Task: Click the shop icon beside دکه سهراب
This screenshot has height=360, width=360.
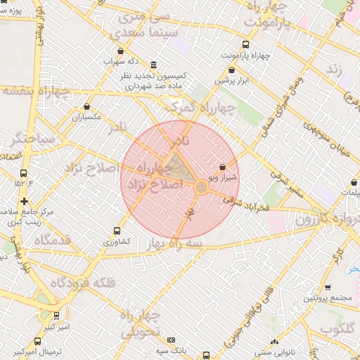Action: [124, 51]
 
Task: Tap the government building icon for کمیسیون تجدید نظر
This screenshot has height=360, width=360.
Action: [154, 65]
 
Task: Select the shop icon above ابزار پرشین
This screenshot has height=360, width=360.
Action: [231, 70]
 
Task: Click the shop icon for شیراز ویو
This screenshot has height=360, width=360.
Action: [223, 167]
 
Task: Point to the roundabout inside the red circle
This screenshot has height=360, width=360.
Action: [201, 187]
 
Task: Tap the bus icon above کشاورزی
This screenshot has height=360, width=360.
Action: [117, 231]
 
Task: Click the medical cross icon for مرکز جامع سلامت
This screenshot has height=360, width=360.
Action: [25, 201]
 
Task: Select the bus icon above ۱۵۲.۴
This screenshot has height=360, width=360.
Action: [24, 173]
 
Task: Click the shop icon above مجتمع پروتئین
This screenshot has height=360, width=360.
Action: [328, 287]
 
